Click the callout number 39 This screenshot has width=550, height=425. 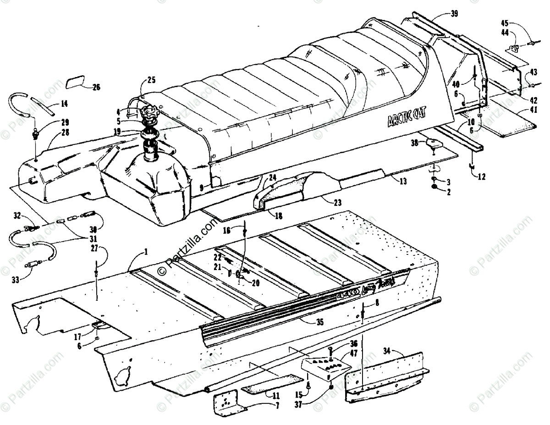coord(454,13)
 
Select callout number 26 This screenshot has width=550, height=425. coord(95,86)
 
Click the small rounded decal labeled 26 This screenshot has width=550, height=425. coord(76,83)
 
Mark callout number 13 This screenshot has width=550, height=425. coord(403,182)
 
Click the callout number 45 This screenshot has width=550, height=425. coord(504,22)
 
